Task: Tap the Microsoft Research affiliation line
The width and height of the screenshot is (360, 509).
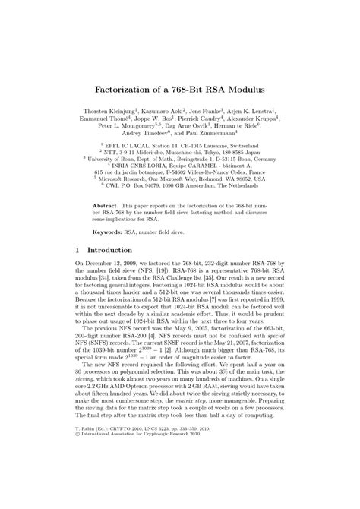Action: coord(180,179)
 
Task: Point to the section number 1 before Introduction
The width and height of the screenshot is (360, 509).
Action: coord(78,250)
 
